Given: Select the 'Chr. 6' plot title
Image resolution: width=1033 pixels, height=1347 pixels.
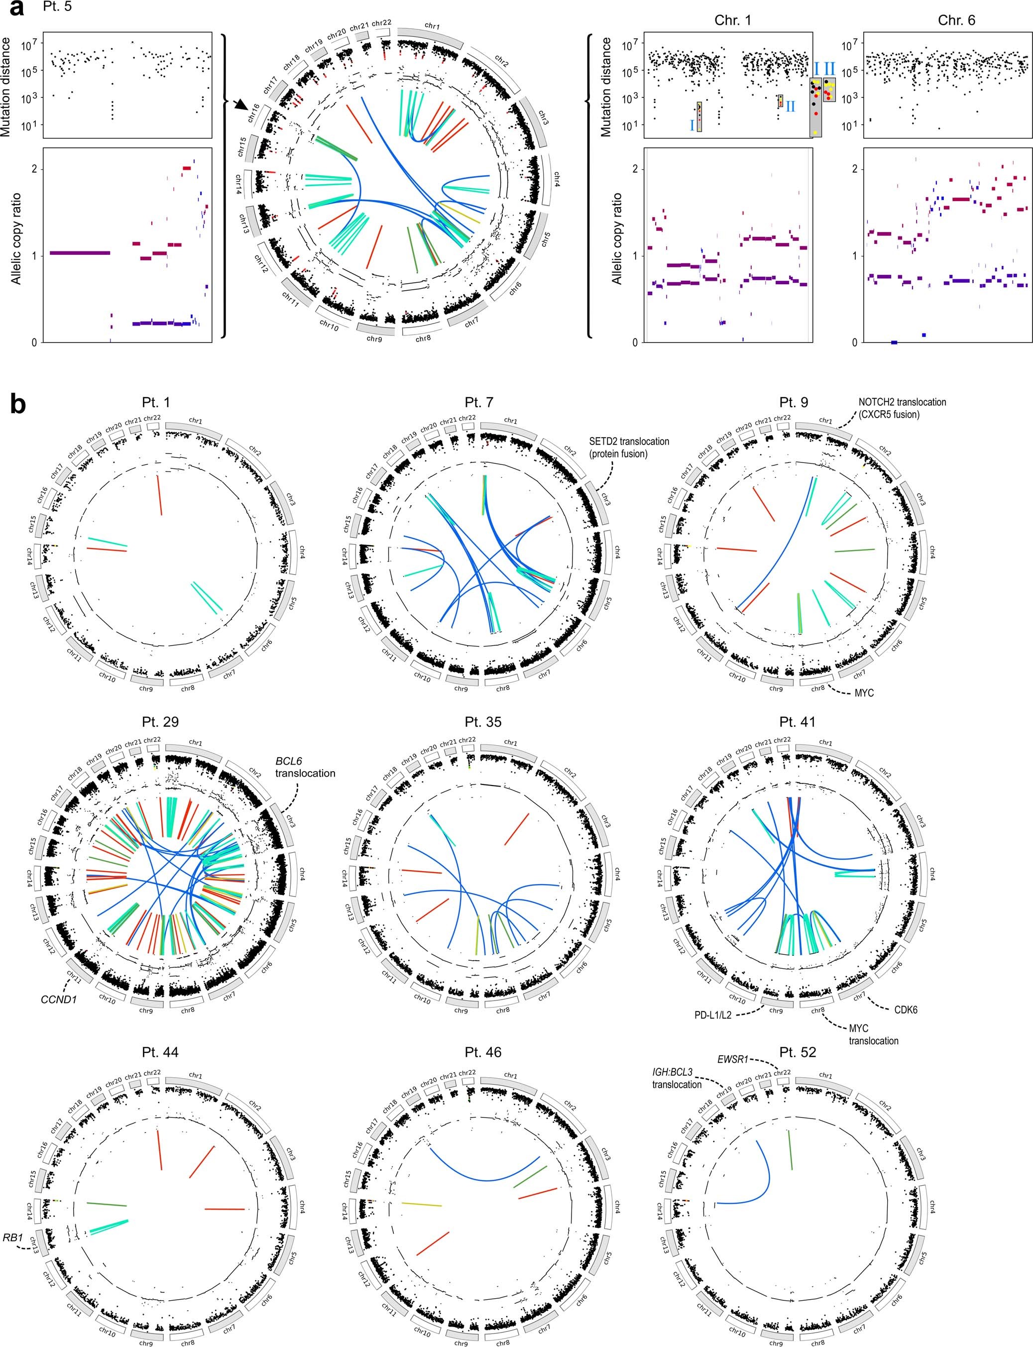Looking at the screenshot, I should [956, 20].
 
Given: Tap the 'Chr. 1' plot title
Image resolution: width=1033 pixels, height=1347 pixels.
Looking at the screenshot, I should [732, 20].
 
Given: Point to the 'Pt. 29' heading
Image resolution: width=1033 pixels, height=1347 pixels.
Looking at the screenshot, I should [160, 722].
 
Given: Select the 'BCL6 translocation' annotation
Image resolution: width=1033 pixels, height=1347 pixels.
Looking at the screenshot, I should [305, 767].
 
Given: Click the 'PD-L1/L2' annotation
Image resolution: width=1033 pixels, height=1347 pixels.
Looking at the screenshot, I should [713, 1015].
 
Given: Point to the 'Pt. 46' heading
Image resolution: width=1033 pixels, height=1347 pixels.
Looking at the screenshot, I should [483, 1052].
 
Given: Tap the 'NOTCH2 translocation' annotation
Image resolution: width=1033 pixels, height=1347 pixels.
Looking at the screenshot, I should [902, 408].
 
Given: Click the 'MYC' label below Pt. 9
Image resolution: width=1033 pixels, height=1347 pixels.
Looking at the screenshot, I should [863, 693].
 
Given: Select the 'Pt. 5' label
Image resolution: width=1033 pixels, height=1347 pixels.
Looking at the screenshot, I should [58, 7].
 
